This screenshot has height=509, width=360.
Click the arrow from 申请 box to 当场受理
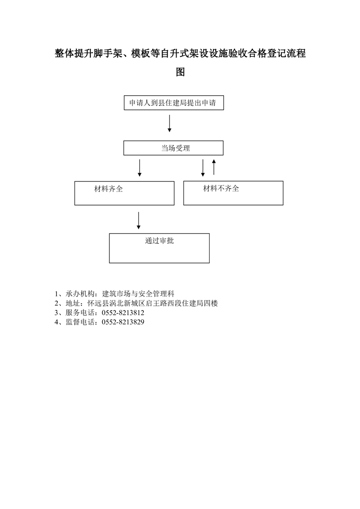pyautogui.click(x=169, y=123)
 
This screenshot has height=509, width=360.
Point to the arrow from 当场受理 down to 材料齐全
pyautogui.click(x=139, y=168)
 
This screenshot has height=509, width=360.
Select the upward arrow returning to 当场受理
pyautogui.click(x=214, y=167)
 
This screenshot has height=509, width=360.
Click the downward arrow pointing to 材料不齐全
pyautogui.click(x=203, y=168)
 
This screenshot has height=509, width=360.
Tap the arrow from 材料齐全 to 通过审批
pyautogui.click(x=139, y=221)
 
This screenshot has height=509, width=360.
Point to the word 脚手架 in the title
pyautogui.click(x=108, y=53)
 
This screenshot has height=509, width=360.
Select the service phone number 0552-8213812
pyautogui.click(x=123, y=313)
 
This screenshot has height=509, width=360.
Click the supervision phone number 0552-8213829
pyautogui.click(x=123, y=322)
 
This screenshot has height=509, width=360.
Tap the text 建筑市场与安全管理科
pyautogui.click(x=138, y=294)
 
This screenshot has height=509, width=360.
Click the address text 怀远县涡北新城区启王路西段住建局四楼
pyautogui.click(x=153, y=303)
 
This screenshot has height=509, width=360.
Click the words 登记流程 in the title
pyautogui.click(x=286, y=53)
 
